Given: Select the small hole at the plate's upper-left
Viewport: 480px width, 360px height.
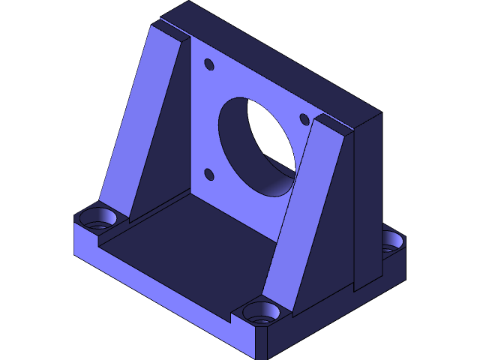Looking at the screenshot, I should [209, 65].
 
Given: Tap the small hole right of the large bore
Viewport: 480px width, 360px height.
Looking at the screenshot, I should [304, 118].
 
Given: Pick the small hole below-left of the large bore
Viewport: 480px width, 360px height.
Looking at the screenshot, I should [209, 175].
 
